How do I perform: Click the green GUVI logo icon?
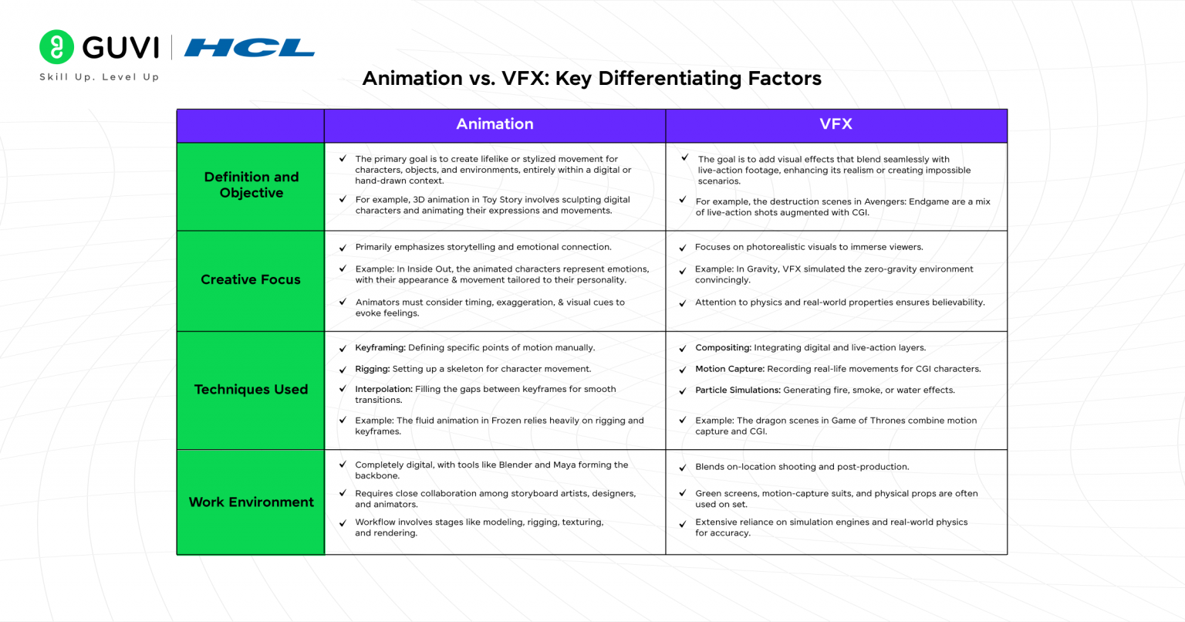pyautogui.click(x=56, y=47)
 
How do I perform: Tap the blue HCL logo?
pyautogui.click(x=249, y=48)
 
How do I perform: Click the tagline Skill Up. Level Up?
pyautogui.click(x=100, y=77)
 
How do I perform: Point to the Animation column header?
pyautogui.click(x=495, y=124)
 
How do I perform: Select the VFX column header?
pyautogui.click(x=836, y=124)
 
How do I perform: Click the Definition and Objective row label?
pyautogui.click(x=251, y=185)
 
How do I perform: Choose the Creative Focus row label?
pyautogui.click(x=251, y=279)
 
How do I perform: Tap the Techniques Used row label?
pyautogui.click(x=251, y=390)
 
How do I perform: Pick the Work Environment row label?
pyautogui.click(x=251, y=502)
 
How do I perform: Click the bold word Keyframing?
pyautogui.click(x=380, y=348)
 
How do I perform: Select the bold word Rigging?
pyautogui.click(x=372, y=369)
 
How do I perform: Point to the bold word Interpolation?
pyautogui.click(x=383, y=390)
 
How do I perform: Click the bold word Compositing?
pyautogui.click(x=723, y=348)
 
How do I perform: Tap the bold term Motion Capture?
pyautogui.click(x=730, y=369)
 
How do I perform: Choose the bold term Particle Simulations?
pyautogui.click(x=738, y=390)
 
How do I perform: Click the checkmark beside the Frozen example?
pyautogui.click(x=343, y=421)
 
